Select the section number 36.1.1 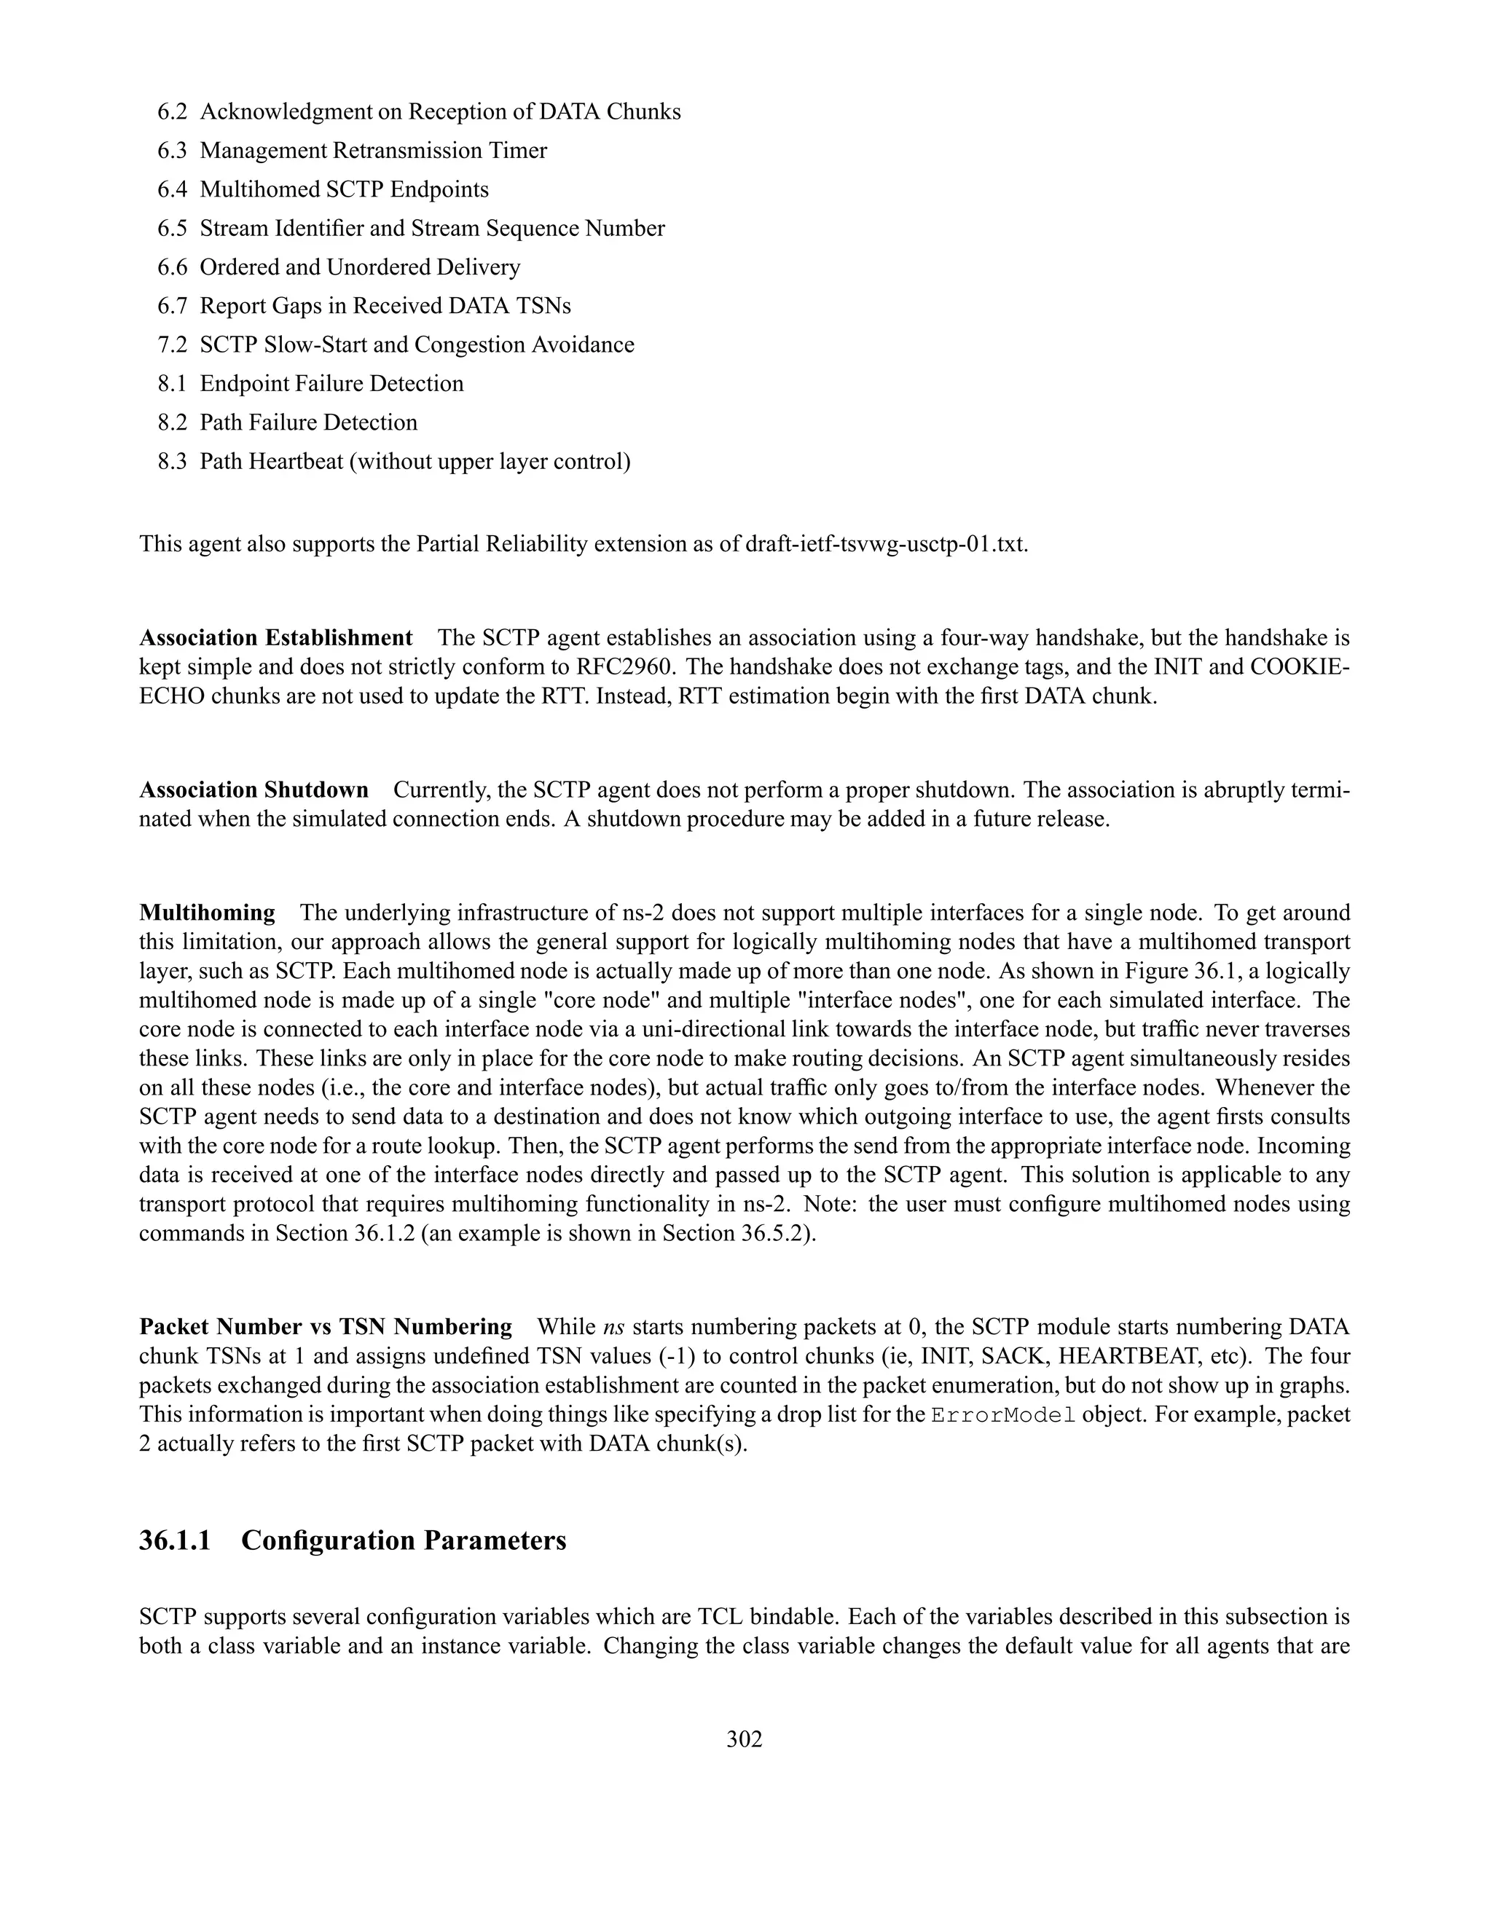point(175,1540)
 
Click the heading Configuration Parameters point(403,1540)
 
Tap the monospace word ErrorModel point(1003,1415)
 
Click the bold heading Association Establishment point(276,638)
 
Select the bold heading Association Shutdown point(254,790)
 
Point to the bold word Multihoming point(208,913)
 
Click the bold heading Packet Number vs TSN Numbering point(325,1327)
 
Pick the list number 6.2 point(173,112)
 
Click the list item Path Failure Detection point(308,422)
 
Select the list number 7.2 point(173,344)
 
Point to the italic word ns point(613,1327)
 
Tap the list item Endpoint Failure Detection point(331,384)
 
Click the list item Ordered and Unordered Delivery point(360,267)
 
